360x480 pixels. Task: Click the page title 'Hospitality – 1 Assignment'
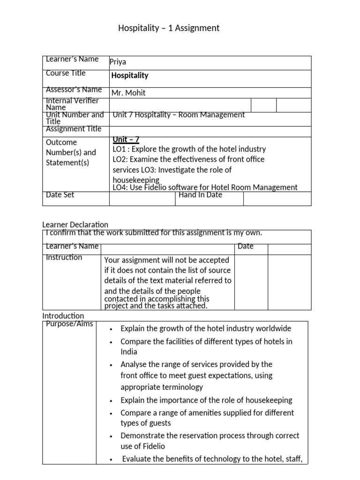coord(168,28)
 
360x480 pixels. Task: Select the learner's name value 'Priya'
coord(118,62)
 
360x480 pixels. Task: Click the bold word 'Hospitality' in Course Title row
coord(129,75)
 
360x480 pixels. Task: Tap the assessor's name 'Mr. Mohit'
coord(128,93)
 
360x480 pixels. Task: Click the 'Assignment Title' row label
coord(74,129)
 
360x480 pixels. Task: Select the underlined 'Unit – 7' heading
coord(126,140)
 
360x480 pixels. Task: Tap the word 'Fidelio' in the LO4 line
coord(151,187)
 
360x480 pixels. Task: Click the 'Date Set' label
coord(60,195)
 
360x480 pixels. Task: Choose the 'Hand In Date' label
coord(200,195)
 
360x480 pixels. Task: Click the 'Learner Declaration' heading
coord(75,225)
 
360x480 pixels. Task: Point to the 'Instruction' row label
coord(64,257)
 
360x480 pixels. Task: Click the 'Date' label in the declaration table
coord(246,246)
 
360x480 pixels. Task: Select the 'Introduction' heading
coord(63,316)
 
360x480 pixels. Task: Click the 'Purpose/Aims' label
coord(70,324)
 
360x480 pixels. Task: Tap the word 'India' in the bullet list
coord(129,352)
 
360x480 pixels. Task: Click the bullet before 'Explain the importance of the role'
coord(110,401)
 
